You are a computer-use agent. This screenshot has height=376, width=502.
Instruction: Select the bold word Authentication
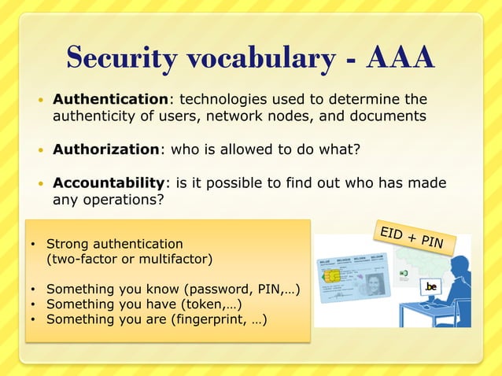tap(110, 99)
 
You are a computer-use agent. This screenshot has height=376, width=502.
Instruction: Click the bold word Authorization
tap(105, 149)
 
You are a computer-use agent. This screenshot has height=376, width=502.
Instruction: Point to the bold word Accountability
tap(109, 182)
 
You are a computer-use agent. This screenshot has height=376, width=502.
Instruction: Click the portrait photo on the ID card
tap(375, 282)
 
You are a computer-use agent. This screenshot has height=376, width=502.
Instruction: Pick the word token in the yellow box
tap(204, 304)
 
